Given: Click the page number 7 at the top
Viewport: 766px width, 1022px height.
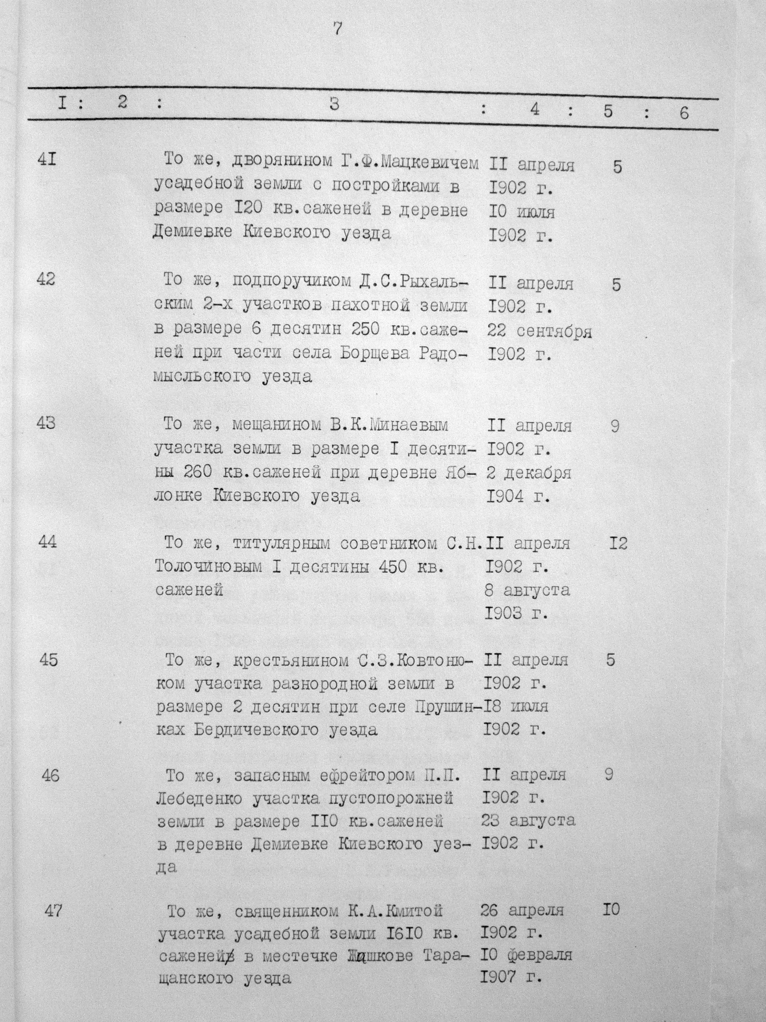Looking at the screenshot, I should click(x=338, y=29).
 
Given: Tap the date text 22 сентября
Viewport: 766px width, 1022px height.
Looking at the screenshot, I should click(x=539, y=331).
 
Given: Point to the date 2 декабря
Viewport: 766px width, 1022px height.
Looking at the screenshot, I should click(x=529, y=473).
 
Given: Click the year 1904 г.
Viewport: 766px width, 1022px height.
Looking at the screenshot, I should click(x=518, y=497).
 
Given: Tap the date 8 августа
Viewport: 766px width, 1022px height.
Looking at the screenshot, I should click(x=527, y=590).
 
